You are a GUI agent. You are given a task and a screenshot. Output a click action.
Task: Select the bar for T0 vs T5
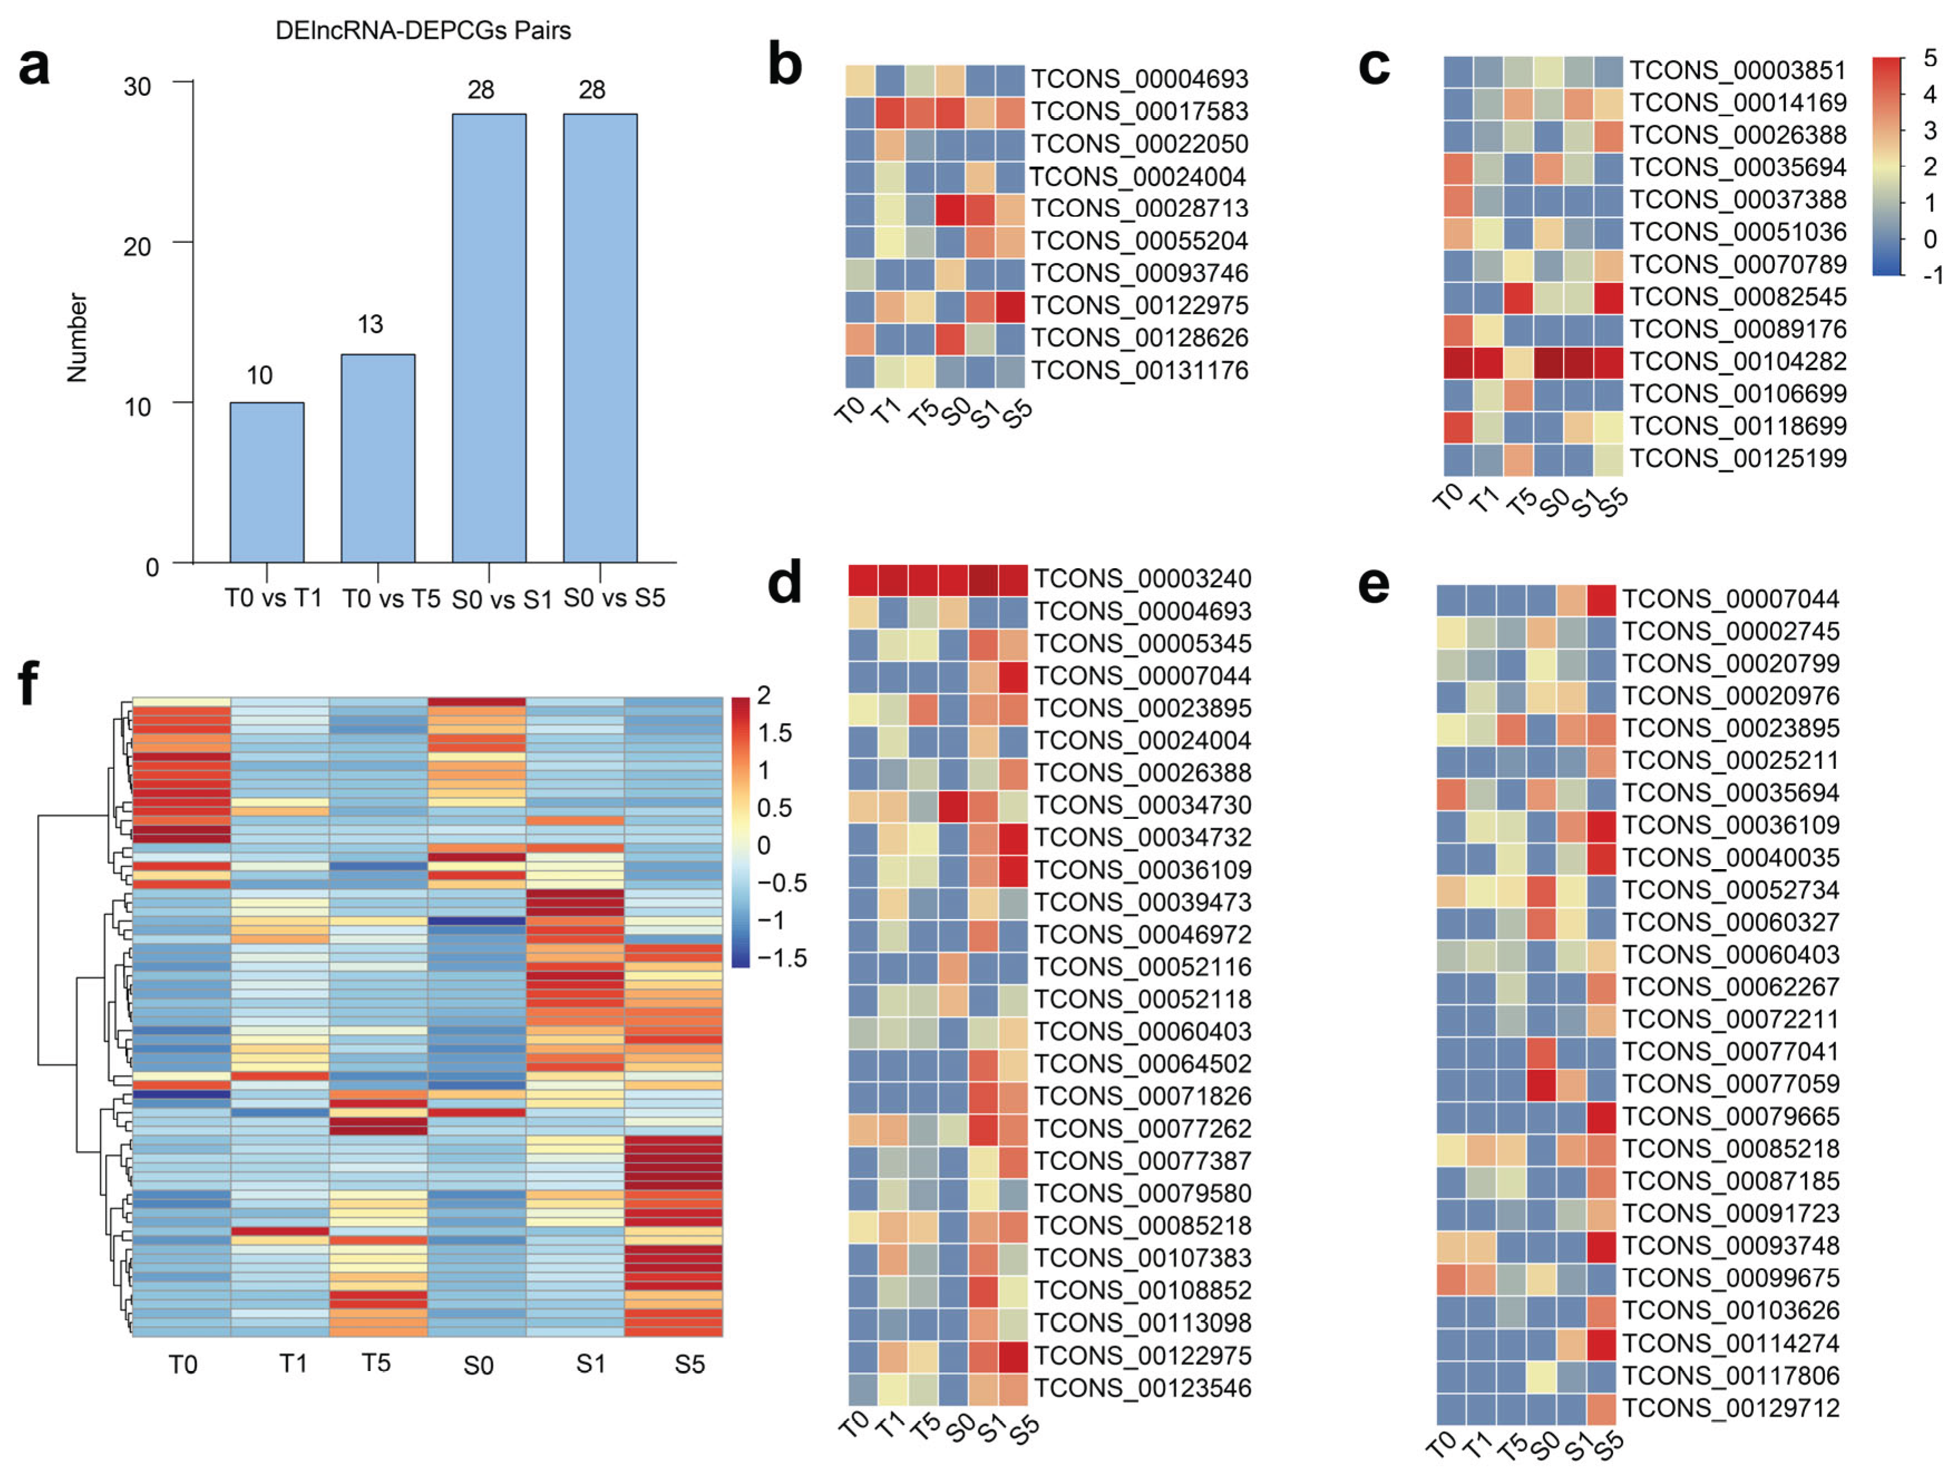click(x=378, y=458)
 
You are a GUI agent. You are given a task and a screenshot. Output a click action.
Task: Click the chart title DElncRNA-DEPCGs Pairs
click(x=423, y=31)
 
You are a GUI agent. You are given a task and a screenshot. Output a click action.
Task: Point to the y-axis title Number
click(x=78, y=338)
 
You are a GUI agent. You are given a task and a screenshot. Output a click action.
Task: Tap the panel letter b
click(x=784, y=66)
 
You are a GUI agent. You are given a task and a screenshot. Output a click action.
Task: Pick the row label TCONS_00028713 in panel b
click(x=1139, y=209)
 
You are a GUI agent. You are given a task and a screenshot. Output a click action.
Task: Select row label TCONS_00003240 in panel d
click(x=1142, y=579)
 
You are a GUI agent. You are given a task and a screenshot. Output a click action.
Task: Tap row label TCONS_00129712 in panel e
click(x=1731, y=1408)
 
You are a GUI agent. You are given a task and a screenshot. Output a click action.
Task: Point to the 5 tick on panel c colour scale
click(x=1930, y=58)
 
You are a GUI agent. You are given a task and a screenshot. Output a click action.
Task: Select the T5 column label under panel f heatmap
click(x=375, y=1363)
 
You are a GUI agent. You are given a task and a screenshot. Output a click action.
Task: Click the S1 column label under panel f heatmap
click(x=590, y=1364)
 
